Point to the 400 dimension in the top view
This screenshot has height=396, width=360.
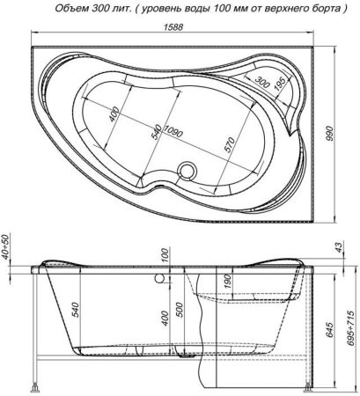[x=114, y=117]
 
